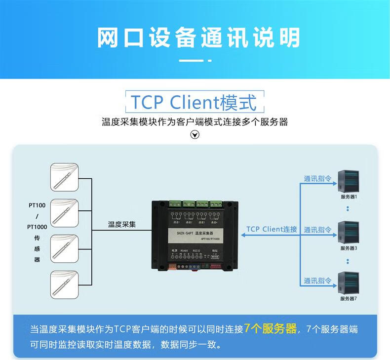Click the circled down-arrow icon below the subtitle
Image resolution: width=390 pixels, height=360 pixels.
coord(195,134)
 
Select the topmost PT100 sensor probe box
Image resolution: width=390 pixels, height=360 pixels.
coord(65,178)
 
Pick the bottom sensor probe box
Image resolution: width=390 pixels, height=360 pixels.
coord(65,284)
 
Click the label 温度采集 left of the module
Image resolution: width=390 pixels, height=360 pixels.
coord(122,224)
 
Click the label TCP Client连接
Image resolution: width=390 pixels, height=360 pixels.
coord(272,229)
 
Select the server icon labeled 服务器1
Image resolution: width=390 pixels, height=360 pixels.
coord(348,181)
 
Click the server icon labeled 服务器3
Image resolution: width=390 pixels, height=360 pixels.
coord(348,233)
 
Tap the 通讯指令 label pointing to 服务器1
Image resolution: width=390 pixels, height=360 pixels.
coord(317,179)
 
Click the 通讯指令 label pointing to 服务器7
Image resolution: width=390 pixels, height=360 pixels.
coord(317,280)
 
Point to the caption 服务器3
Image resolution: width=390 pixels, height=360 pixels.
coord(349,248)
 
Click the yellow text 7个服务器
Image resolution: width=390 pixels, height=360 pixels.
coord(270,329)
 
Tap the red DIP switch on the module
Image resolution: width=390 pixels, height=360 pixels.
coord(216,265)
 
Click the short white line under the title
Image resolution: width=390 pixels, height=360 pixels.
coord(195,61)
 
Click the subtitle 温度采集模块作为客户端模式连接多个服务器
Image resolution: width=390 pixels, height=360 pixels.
coord(195,121)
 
